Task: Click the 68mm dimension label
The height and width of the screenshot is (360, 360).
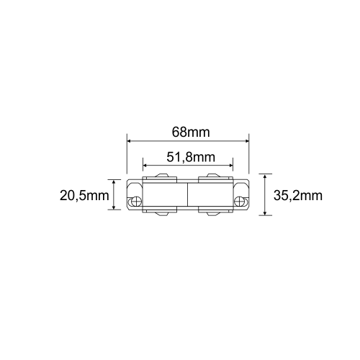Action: pyautogui.click(x=191, y=132)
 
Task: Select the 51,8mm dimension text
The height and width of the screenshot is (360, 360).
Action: pyautogui.click(x=191, y=157)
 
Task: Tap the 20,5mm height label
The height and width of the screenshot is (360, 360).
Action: pyautogui.click(x=84, y=195)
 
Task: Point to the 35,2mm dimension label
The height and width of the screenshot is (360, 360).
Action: pyautogui.click(x=298, y=196)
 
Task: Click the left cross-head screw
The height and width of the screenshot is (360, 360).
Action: pyautogui.click(x=136, y=201)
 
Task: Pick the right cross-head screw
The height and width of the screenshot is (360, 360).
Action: pyautogui.click(x=239, y=201)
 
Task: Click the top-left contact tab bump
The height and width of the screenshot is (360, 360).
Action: pyautogui.click(x=163, y=176)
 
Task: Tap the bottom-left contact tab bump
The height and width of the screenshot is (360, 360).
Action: pyautogui.click(x=163, y=215)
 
